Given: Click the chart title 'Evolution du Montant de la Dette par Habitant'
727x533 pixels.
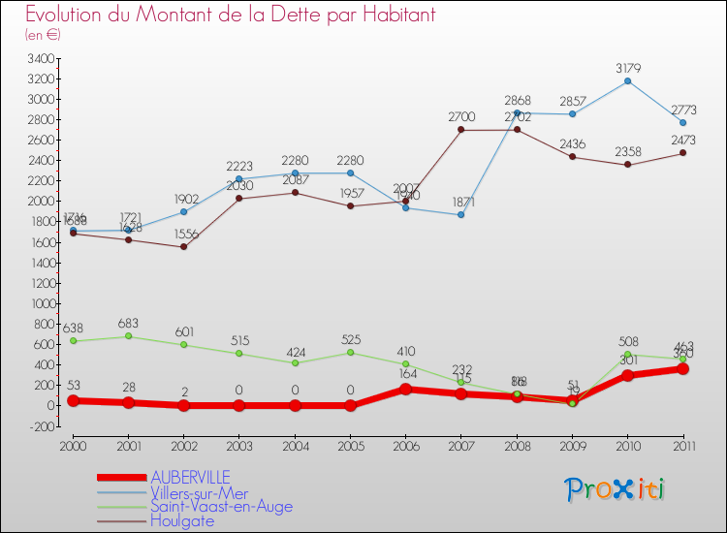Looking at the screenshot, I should [x=230, y=16].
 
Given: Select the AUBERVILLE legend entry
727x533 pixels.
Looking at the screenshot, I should [x=190, y=477].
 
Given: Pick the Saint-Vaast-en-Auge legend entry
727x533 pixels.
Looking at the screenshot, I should [x=221, y=506].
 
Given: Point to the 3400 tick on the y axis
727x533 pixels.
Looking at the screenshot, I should [x=41, y=58].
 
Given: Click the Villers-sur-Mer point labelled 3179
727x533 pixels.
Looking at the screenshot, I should [x=628, y=80].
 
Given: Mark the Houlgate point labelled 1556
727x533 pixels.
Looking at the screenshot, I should [x=184, y=246].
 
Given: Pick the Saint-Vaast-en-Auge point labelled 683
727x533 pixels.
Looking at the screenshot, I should [x=129, y=336].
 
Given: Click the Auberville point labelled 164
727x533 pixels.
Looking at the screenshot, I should [x=406, y=390].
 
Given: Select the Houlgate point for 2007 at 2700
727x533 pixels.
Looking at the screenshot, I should [x=461, y=130].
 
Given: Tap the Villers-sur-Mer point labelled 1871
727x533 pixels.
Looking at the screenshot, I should [x=461, y=214].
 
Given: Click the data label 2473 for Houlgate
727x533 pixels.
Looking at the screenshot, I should [x=683, y=141].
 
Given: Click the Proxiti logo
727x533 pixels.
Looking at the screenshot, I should [x=616, y=489].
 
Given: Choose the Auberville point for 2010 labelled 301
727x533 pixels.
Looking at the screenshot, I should [x=628, y=375].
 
